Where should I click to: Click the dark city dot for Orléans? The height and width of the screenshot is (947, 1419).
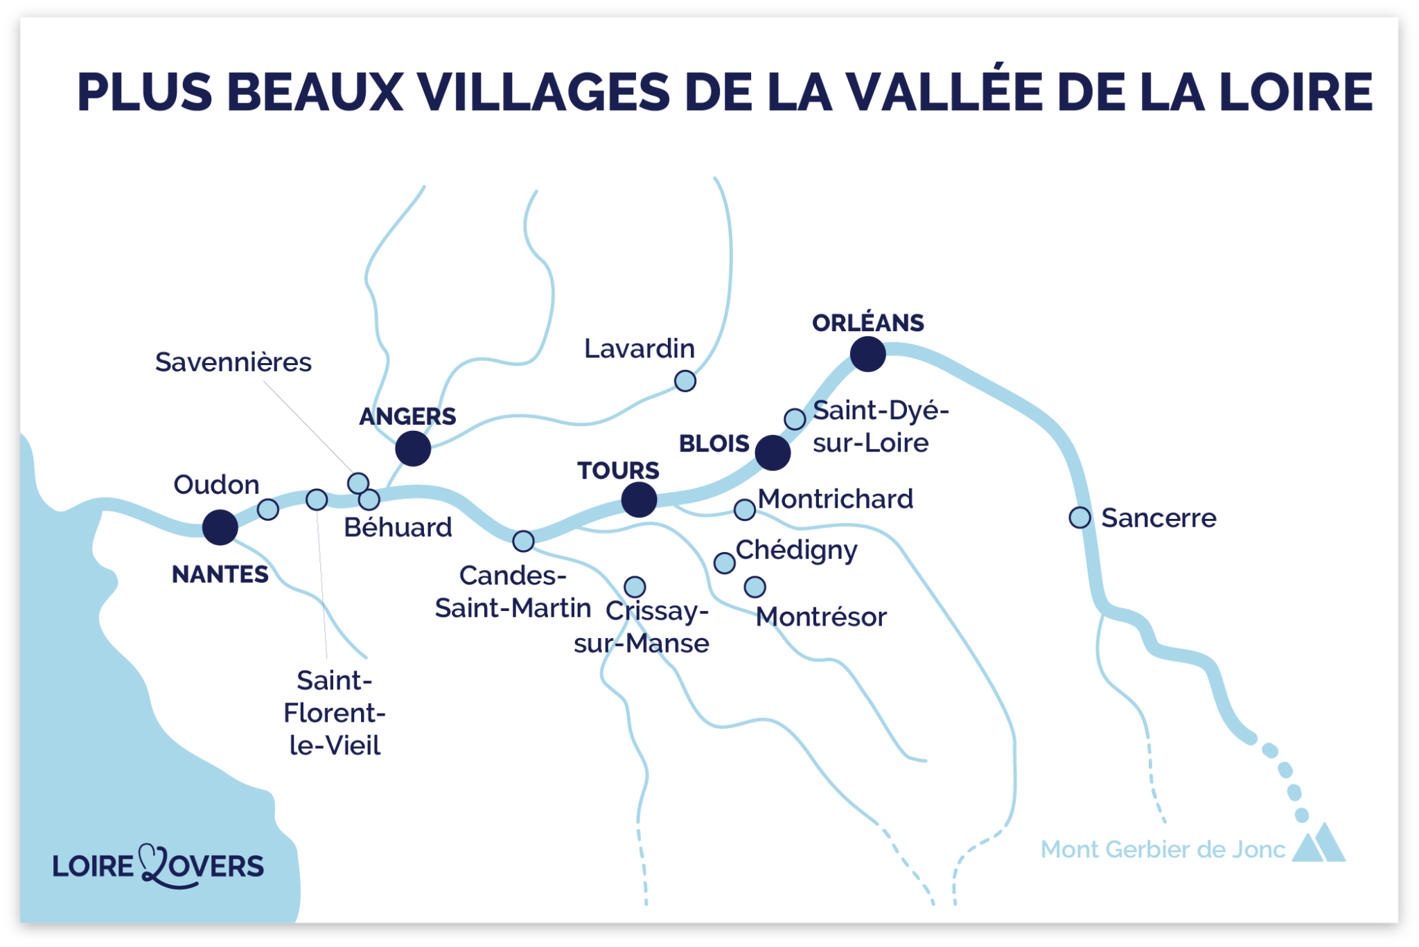pos(867,354)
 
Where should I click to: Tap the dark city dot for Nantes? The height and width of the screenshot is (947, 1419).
pos(220,527)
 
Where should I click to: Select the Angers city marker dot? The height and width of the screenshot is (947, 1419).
pos(413,448)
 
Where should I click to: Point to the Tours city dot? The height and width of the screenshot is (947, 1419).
pos(639,499)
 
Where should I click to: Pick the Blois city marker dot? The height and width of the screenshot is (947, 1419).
pos(773,453)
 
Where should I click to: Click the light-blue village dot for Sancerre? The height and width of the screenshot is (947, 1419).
pos(1079,517)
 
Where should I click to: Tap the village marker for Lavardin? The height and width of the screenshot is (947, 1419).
pos(685,381)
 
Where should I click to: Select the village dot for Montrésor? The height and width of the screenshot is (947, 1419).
pos(755,587)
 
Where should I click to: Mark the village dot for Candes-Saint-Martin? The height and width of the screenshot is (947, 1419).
pos(524,541)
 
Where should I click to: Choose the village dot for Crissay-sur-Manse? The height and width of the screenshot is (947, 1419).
pos(635,587)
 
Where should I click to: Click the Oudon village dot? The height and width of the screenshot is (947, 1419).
pos(268,510)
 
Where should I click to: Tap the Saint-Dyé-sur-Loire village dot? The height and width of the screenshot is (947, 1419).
pos(795,419)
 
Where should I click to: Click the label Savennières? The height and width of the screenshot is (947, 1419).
pos(233,362)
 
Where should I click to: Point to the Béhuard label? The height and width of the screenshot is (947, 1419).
pos(398,528)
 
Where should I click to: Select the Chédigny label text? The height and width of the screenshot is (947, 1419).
pos(796,550)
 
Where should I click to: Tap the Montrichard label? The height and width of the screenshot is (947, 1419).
pos(835,499)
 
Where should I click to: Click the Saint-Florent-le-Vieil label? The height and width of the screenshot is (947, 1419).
pos(335,713)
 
